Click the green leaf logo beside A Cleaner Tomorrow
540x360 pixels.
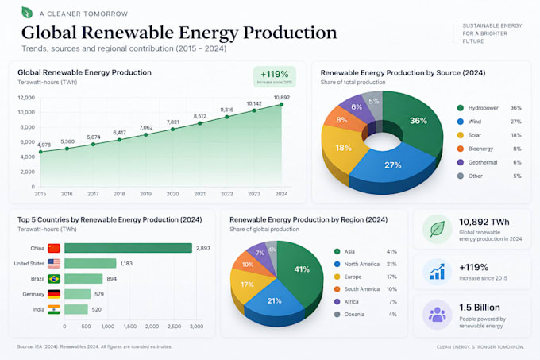point(27,13)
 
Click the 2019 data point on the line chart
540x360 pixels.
point(145,134)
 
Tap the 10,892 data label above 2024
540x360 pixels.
point(282,98)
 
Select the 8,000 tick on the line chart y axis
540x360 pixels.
point(27,127)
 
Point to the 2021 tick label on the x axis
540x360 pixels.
point(200,194)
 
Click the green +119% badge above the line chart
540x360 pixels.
point(275,76)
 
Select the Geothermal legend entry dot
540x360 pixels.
point(461,162)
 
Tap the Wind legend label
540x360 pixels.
point(475,122)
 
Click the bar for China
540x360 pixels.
point(128,248)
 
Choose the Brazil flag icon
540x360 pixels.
point(54,278)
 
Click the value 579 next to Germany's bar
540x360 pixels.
point(99,294)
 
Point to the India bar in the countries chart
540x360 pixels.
point(76,309)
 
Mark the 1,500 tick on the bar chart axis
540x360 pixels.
point(129,327)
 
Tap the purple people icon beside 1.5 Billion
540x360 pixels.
point(438,315)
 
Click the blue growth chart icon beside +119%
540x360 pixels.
point(438,272)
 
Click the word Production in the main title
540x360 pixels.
point(290,33)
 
